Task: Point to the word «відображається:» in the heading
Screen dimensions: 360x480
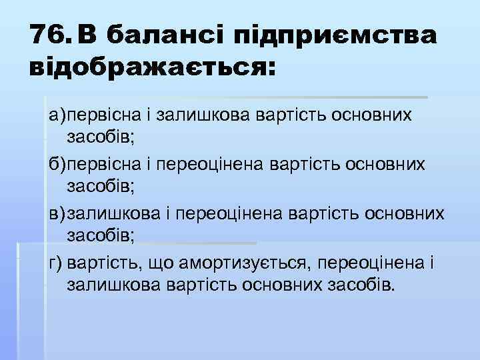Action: tap(151, 69)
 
